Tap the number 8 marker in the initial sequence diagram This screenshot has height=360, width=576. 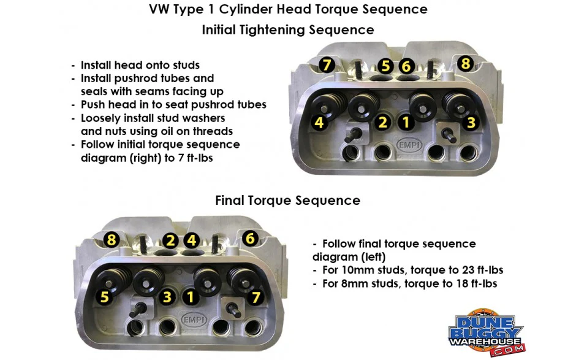click(465, 63)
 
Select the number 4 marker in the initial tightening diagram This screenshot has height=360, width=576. click(319, 123)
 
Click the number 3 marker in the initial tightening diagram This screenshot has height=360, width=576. click(471, 123)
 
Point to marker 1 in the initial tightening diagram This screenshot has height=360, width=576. click(404, 121)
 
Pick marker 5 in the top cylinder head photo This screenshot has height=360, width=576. click(385, 66)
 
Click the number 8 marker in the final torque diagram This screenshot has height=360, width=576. click(111, 240)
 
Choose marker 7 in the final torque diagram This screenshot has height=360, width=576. click(256, 298)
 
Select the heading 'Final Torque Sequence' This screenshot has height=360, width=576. click(287, 201)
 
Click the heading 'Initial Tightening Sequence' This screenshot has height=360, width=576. click(287, 29)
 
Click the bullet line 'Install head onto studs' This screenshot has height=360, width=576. click(140, 65)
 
